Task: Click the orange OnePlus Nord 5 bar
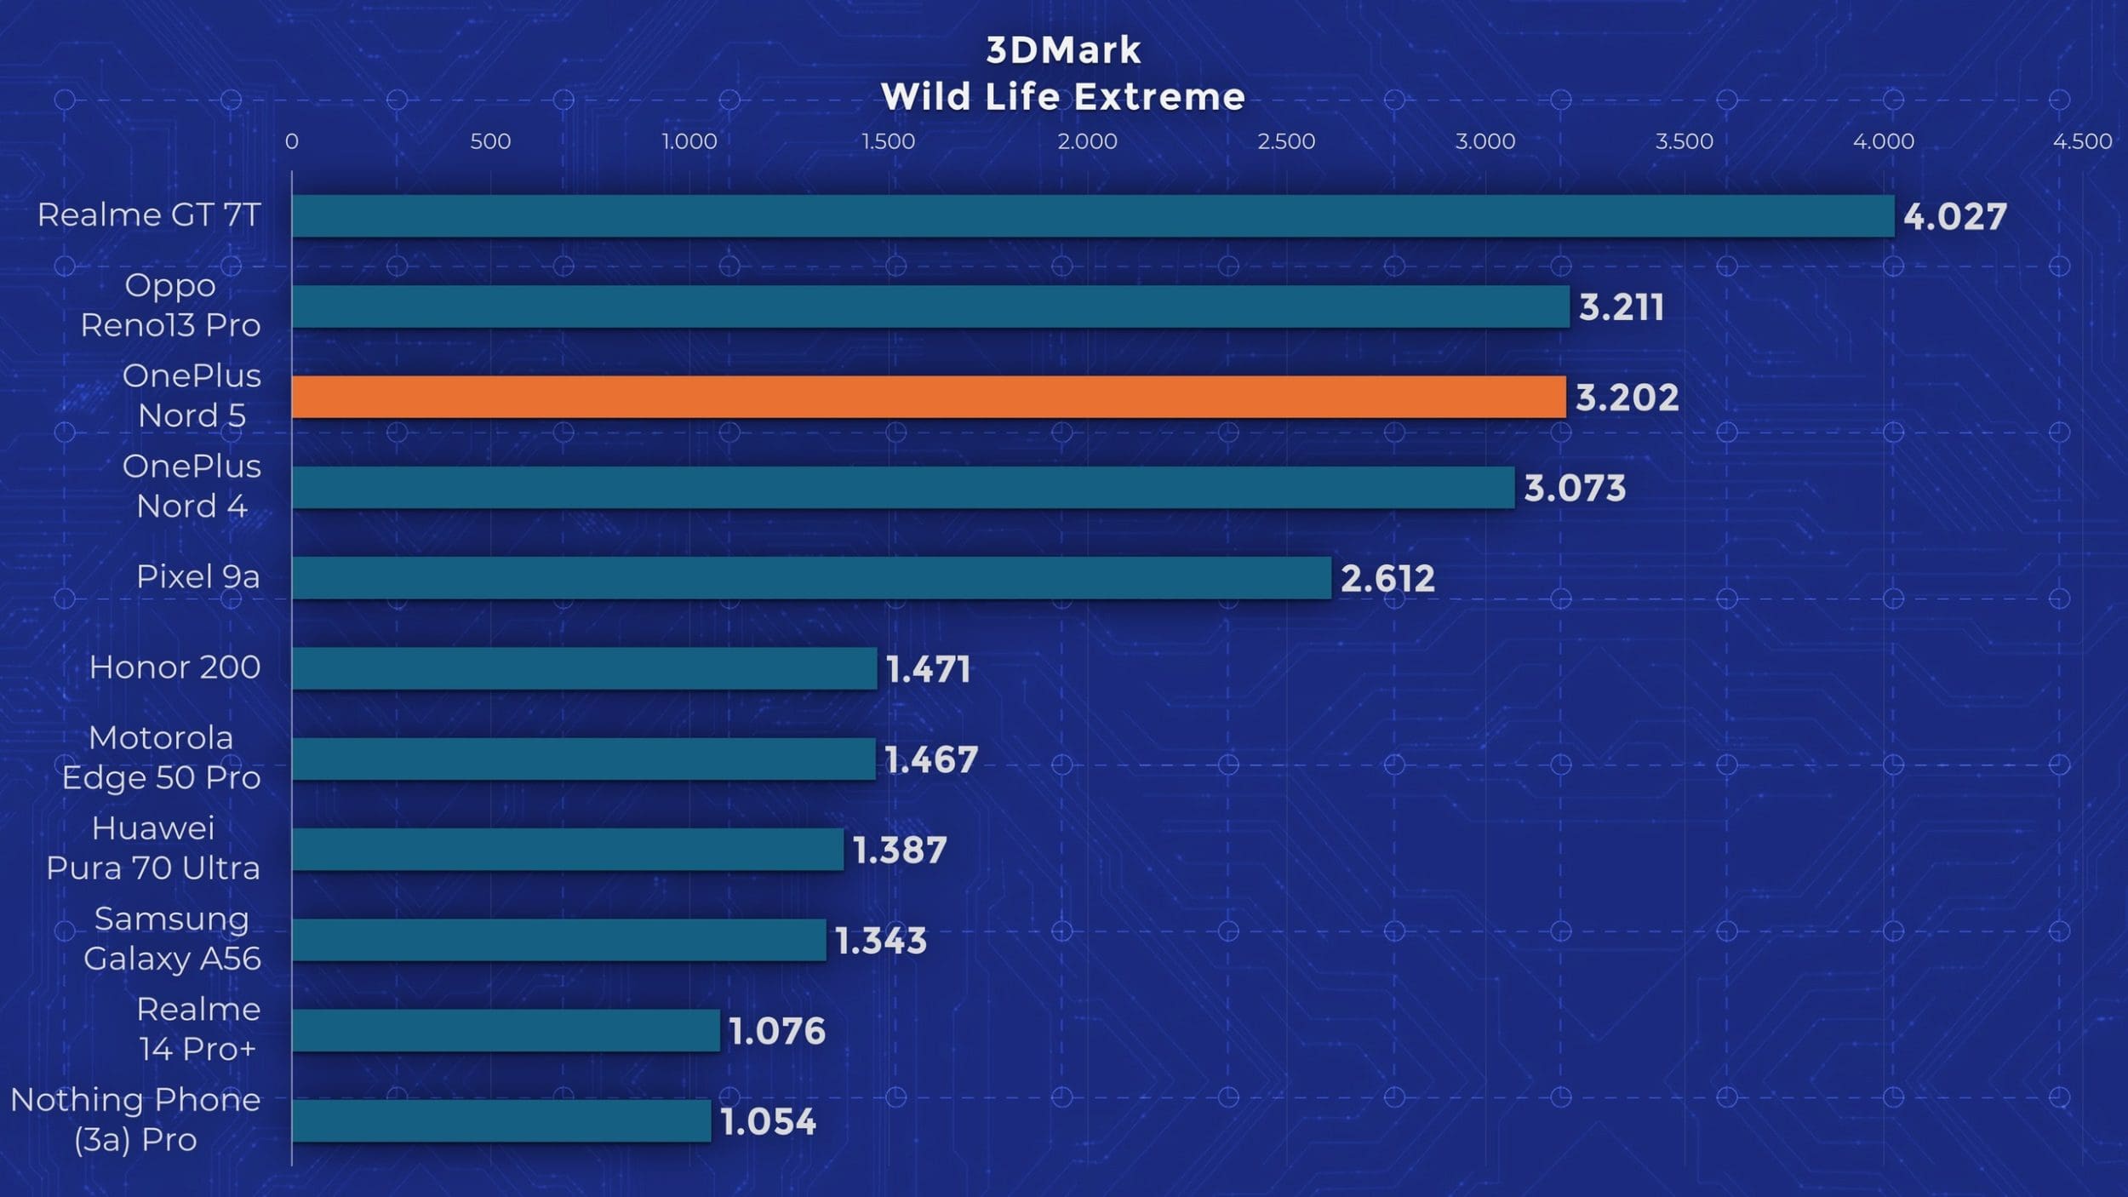(928, 397)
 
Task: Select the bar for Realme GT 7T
(1092, 216)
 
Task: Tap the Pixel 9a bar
(810, 578)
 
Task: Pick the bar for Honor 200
(584, 668)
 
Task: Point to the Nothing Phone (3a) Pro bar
(501, 1120)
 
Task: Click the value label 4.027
(1954, 217)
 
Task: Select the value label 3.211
(1621, 307)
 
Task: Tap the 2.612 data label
(1387, 579)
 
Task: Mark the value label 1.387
(899, 850)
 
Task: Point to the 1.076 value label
(777, 1031)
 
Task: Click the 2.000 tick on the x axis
(1087, 141)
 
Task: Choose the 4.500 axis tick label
(2081, 141)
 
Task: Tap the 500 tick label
(490, 141)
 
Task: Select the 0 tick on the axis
(292, 141)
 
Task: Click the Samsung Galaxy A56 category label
(172, 938)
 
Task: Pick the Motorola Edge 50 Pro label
(161, 758)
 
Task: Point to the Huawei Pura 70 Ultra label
(153, 848)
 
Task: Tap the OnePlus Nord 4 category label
(192, 486)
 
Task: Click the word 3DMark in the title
(1063, 50)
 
